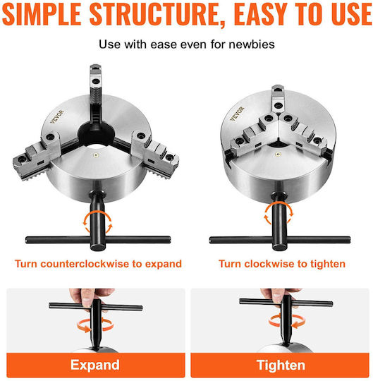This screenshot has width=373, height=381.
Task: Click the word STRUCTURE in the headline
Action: coord(154,14)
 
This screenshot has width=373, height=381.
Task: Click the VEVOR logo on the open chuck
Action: coord(57,116)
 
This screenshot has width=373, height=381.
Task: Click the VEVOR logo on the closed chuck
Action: coord(237,114)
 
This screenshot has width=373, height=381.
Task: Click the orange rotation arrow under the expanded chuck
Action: coord(97,222)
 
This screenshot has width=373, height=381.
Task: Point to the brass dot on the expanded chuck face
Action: coord(97,155)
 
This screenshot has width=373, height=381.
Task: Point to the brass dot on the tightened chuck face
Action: coord(277,154)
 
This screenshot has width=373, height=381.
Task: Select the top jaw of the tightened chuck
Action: coord(278,99)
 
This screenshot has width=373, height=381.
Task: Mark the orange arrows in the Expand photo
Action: coord(95,325)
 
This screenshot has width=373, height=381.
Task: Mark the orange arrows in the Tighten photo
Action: coord(287,321)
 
